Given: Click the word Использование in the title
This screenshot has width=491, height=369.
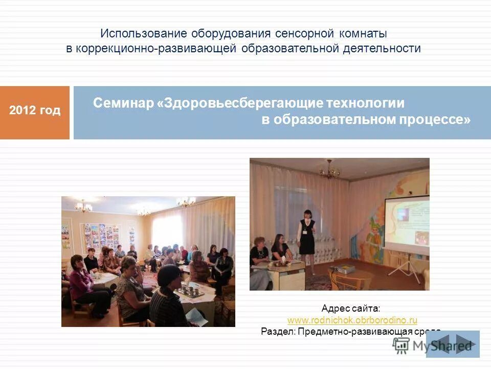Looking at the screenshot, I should pyautogui.click(x=144, y=33).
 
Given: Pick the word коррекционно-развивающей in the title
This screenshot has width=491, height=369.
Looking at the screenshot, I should pyautogui.click(x=156, y=49).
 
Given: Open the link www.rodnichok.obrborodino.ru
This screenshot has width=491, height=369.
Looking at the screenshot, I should pyautogui.click(x=352, y=320).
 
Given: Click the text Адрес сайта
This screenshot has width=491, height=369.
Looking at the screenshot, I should pyautogui.click(x=351, y=309).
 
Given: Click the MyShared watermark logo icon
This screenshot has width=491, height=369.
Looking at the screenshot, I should pyautogui.click(x=401, y=346).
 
